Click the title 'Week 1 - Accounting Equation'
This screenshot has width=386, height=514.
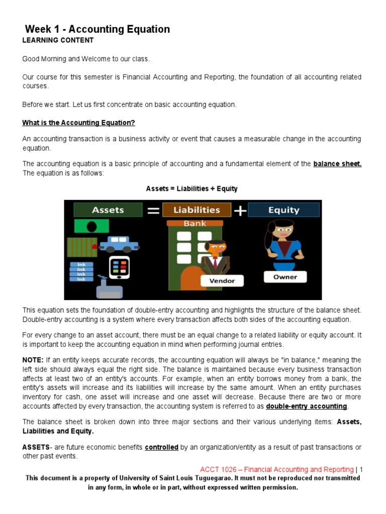pos(98,29)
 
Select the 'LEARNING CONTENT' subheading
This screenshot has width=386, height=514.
pos(58,40)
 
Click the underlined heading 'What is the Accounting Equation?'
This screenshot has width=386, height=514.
pos(78,123)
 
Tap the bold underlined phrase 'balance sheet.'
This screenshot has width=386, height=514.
pos(337,164)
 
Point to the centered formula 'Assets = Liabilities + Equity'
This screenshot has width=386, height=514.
pos(191,189)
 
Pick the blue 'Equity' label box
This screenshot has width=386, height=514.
pos(283,210)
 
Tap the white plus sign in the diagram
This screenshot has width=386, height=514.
pos(240,211)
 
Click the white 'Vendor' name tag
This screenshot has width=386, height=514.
pos(222,281)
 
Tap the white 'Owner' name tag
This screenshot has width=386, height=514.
pos(285,277)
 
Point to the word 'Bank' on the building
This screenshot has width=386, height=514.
pos(195,223)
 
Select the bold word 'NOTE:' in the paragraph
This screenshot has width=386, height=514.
pos(33,360)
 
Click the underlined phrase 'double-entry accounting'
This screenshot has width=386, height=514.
pos(306,406)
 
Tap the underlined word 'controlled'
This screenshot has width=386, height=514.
pos(161,447)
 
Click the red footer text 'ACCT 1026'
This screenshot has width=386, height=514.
pos(216,469)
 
